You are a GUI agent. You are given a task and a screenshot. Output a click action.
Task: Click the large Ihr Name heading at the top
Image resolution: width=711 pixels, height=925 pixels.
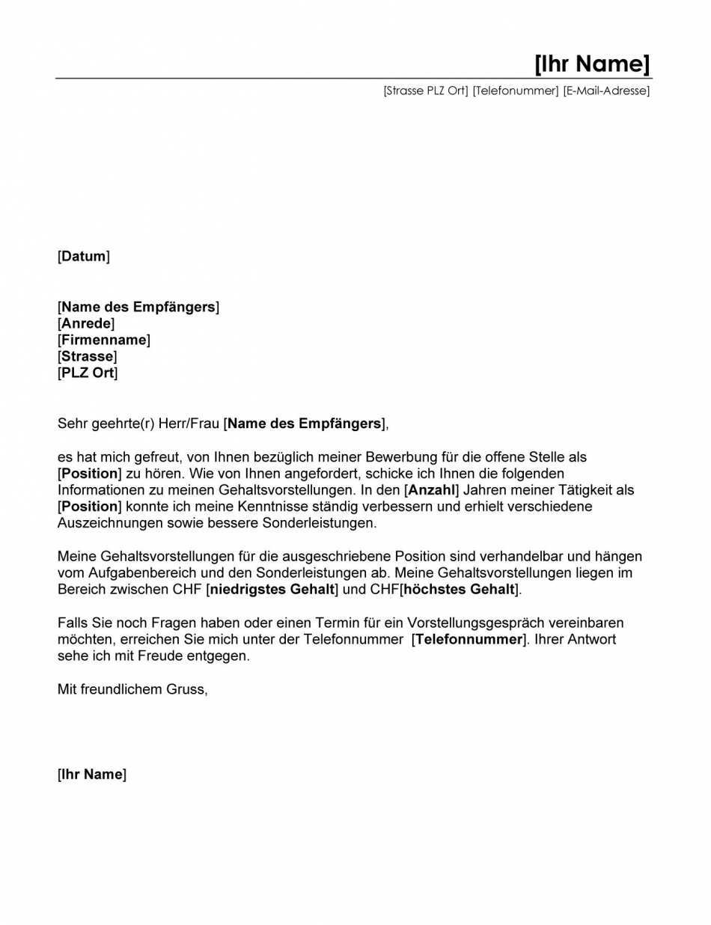pos(591,64)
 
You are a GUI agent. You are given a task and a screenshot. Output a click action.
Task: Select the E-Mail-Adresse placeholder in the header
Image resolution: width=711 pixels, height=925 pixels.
pos(606,91)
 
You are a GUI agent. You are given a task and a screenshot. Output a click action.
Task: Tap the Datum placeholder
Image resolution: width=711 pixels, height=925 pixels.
pos(84,257)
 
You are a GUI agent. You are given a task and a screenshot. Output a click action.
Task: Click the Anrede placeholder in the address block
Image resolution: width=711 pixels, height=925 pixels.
pos(86,323)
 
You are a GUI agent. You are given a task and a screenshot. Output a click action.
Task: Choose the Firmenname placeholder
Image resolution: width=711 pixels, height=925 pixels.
pos(104,340)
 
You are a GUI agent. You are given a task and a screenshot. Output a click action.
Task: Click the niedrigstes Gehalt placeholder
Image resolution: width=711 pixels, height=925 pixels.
pos(272,589)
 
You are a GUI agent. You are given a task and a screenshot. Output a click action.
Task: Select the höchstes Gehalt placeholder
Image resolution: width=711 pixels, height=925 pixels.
pos(460,589)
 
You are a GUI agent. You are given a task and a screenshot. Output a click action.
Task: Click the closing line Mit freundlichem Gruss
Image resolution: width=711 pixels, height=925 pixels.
pos(132,689)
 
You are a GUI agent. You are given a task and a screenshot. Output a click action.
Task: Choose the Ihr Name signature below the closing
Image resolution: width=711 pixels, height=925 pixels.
pos(92,775)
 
